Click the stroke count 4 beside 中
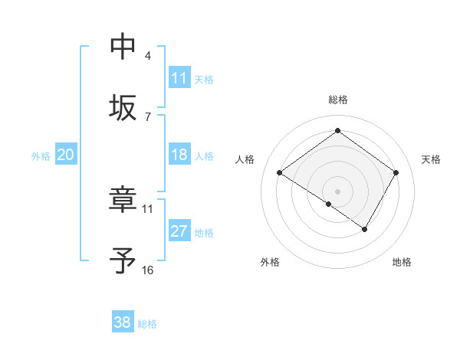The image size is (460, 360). [x=148, y=56]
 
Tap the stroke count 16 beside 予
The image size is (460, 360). [x=148, y=270]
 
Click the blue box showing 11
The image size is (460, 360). [x=179, y=78]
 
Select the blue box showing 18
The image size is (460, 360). [x=179, y=155]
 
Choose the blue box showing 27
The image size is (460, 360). [x=179, y=231]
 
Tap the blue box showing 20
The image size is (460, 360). [x=65, y=155]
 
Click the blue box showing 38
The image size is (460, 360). [x=123, y=322]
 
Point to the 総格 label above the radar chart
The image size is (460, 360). [x=338, y=100]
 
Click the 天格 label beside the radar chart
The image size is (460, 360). [x=432, y=159]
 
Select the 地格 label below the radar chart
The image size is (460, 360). [x=402, y=262]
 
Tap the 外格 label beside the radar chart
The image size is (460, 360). [x=270, y=262]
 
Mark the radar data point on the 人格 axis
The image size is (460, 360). [x=280, y=173]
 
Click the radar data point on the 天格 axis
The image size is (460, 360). [x=396, y=173]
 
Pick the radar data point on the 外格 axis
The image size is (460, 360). [x=329, y=204]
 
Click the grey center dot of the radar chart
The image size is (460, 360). [x=338, y=191]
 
